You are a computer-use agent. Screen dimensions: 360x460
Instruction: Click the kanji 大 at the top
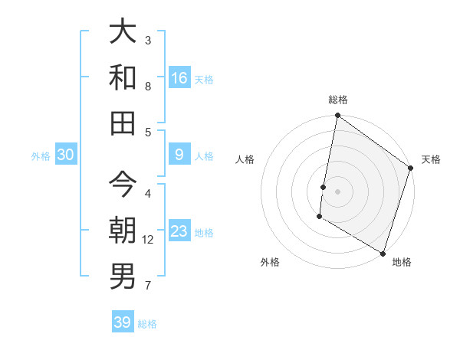click(123, 33)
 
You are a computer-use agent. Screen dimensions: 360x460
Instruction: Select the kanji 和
click(123, 77)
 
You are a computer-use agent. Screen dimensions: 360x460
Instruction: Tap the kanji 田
click(123, 122)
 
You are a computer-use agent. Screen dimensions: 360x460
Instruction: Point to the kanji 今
click(123, 185)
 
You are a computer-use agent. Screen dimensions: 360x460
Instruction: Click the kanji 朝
click(123, 230)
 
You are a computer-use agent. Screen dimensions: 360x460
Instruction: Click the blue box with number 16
click(179, 77)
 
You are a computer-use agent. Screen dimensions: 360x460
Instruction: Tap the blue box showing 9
click(179, 155)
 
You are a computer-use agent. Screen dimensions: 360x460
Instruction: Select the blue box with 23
click(179, 231)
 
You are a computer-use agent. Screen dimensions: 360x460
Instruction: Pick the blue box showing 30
click(66, 155)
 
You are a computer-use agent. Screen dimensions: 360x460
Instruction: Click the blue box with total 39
click(123, 322)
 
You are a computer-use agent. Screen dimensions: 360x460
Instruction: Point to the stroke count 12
click(148, 240)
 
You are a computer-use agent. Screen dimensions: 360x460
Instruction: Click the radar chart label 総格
click(338, 100)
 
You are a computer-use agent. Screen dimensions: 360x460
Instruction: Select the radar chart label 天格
click(431, 159)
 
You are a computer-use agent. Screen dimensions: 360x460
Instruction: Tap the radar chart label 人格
click(245, 159)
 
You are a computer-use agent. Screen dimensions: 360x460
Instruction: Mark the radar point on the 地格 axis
click(382, 252)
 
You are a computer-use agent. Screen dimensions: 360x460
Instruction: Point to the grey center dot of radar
click(337, 190)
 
